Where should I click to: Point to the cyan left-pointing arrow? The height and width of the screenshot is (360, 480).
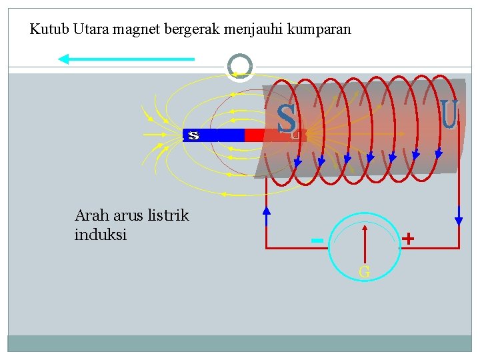tap(126, 59)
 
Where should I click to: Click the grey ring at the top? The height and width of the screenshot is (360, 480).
tap(240, 66)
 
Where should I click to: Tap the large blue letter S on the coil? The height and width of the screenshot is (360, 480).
tap(287, 119)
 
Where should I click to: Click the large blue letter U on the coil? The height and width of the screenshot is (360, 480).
tap(449, 114)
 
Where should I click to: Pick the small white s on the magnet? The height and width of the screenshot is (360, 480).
tap(193, 135)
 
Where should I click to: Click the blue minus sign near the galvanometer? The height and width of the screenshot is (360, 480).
tap(317, 240)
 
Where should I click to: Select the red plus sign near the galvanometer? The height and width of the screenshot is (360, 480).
tap(408, 238)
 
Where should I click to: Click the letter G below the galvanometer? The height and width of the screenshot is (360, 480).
tap(365, 271)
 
